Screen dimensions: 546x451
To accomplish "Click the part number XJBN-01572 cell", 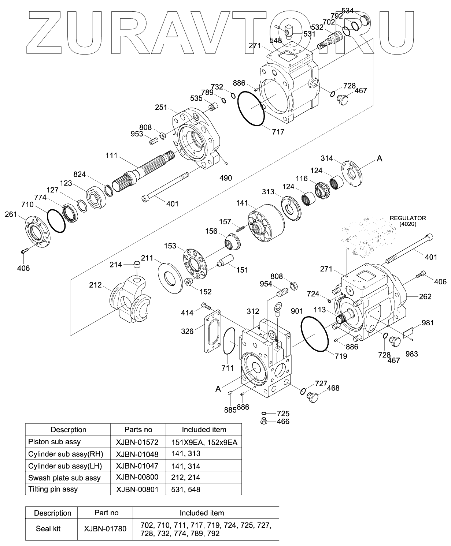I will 137,442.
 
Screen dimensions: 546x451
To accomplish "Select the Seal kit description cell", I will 48,528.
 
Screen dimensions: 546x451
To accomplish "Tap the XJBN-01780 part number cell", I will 105,528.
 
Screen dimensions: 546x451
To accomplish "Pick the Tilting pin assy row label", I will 53,489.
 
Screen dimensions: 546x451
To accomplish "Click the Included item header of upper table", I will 204,429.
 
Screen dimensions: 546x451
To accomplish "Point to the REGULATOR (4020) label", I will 407,221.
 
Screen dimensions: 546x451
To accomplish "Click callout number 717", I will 278,132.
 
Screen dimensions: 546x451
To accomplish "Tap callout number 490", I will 225,178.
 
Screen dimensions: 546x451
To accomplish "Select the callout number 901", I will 297,311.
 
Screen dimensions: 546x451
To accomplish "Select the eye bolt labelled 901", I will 277,310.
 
